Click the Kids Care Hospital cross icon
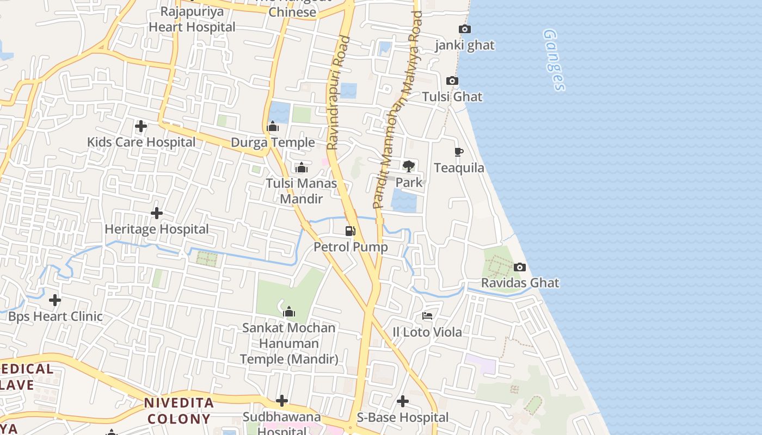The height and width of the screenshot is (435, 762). coord(141,126)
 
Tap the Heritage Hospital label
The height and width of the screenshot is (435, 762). coord(157,229)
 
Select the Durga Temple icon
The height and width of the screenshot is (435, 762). coord(273,127)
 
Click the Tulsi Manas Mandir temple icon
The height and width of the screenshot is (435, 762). coord(302,167)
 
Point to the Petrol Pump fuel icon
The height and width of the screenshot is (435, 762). coord(351,231)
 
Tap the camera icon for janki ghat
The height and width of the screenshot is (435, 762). coord(465,29)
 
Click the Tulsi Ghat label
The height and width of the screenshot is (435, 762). coord(452,97)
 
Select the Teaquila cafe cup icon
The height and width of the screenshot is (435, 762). coord(459,152)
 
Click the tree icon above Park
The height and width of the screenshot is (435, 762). coord(408,166)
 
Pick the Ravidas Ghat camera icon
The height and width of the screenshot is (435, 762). coord(520,267)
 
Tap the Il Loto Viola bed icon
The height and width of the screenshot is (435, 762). coord(427,316)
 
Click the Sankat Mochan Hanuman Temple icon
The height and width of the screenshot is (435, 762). coord(289,312)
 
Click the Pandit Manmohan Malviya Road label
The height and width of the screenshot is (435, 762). coord(397,109)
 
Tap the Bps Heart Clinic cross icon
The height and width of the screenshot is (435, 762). coord(55,300)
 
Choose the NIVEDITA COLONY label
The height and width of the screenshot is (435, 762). coord(178,411)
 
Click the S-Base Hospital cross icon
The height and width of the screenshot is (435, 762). coord(403,401)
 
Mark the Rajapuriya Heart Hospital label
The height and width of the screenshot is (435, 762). coord(192,19)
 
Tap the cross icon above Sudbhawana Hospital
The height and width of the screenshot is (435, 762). coord(282,401)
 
